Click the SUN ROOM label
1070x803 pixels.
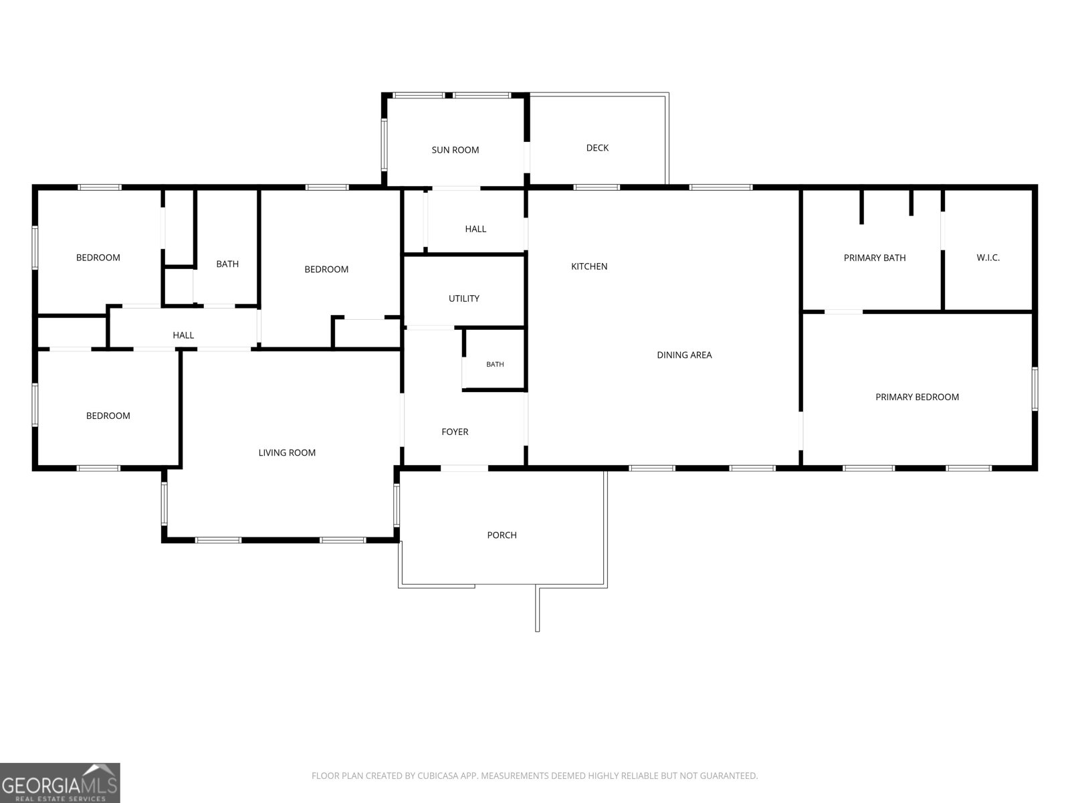[x=455, y=150]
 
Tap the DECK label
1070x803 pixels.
[x=597, y=148]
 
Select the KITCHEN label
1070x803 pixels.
[x=589, y=266]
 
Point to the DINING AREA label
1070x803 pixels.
[x=684, y=355]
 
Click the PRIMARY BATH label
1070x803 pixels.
[x=875, y=258]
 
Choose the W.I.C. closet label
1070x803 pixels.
[x=988, y=258]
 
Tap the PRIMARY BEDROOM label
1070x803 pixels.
[x=917, y=397]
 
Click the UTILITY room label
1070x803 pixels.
[x=463, y=298]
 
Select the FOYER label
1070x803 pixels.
[x=455, y=432]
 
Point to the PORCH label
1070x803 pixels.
[x=502, y=535]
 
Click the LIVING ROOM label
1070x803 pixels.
[x=287, y=453]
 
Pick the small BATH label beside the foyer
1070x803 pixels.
[x=495, y=364]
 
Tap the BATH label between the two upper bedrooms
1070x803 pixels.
[x=227, y=264]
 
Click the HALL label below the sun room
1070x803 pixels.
[x=475, y=229]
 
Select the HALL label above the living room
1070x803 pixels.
[x=183, y=335]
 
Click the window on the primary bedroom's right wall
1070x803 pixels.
[x=1035, y=389]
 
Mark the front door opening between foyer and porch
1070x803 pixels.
[x=464, y=468]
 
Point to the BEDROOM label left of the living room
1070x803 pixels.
[x=108, y=416]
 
